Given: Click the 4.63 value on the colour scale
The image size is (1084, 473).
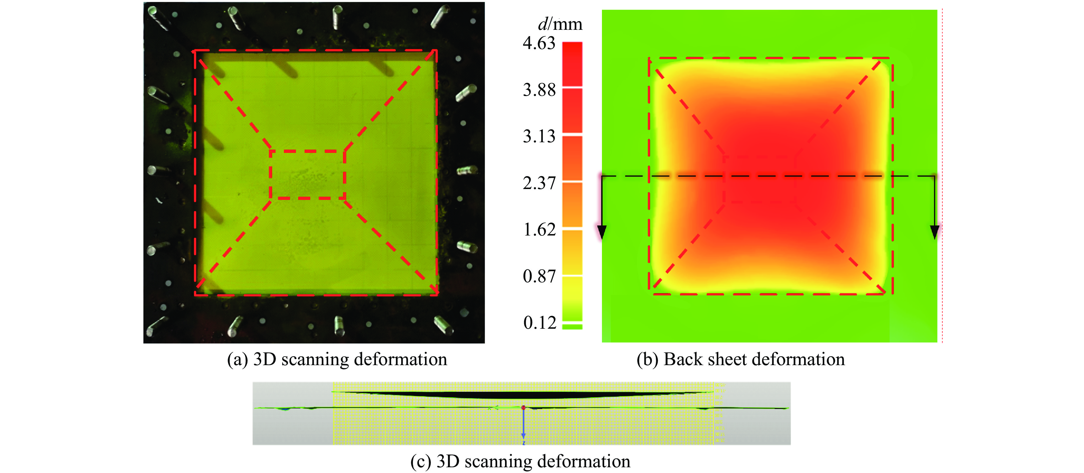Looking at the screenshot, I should (x=539, y=43).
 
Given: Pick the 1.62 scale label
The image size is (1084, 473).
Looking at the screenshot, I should (x=539, y=230).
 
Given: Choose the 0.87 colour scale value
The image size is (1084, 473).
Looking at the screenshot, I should (x=539, y=277).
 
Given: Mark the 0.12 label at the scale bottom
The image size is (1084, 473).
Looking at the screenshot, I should (x=539, y=323).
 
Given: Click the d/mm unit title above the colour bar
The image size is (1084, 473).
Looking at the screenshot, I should (x=560, y=24).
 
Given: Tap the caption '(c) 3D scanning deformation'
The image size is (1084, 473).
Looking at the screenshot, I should (x=520, y=462).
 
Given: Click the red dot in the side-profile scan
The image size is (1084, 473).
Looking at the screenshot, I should (x=523, y=407).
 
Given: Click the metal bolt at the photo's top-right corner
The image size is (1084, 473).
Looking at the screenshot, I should (x=439, y=17).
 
